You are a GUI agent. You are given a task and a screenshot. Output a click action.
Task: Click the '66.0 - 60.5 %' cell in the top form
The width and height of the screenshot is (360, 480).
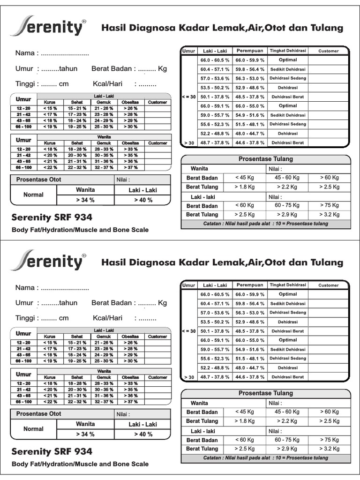click(215, 60)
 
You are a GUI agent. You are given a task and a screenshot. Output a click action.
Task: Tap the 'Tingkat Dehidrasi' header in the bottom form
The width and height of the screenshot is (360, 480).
click(288, 285)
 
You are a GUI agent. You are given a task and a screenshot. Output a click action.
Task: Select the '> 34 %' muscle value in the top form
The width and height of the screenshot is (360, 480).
click(85, 200)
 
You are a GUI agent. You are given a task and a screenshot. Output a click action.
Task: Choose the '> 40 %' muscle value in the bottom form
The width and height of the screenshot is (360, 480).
click(143, 435)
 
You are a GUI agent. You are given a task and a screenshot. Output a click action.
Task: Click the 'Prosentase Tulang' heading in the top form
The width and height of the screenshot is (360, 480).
click(265, 159)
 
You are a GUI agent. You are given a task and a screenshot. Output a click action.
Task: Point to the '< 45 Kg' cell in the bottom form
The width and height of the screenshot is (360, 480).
click(244, 412)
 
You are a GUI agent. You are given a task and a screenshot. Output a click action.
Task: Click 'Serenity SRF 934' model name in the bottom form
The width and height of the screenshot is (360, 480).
click(52, 452)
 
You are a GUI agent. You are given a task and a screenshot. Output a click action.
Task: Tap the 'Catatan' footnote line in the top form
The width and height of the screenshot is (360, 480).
click(265, 224)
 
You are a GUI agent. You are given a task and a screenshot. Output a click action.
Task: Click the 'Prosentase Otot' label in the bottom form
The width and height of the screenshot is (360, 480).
click(38, 414)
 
